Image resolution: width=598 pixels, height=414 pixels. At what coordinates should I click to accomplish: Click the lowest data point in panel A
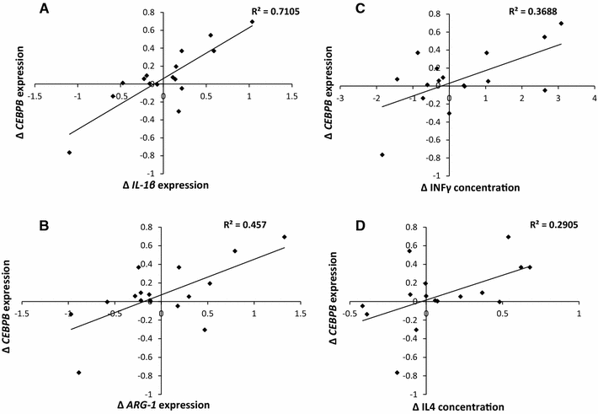pos(70,153)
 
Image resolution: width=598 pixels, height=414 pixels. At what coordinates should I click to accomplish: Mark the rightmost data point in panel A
pos(252,22)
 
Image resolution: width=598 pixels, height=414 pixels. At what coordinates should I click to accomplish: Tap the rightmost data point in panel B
pos(284,237)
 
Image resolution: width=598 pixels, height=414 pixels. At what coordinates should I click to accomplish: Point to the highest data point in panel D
pos(509,237)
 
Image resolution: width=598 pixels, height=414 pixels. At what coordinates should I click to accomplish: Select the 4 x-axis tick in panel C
pos(594,97)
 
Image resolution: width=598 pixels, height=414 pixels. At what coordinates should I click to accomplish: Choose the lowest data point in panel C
pos(382,154)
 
